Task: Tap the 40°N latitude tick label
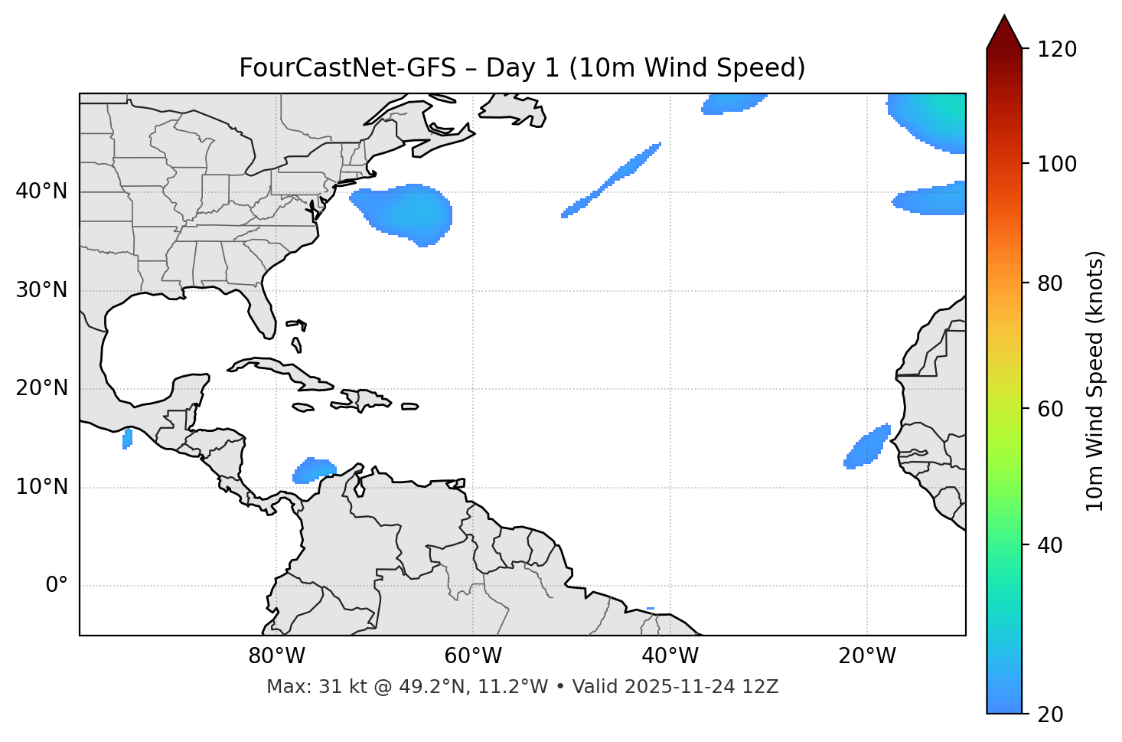(x=41, y=191)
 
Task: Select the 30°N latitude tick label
(x=41, y=290)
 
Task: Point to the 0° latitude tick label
(x=57, y=586)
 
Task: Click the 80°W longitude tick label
(x=276, y=656)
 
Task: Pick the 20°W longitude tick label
(x=867, y=656)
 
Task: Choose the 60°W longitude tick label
(x=473, y=656)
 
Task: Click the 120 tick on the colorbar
(x=1057, y=50)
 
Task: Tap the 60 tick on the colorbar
(x=1046, y=409)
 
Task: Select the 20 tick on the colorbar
(x=1046, y=714)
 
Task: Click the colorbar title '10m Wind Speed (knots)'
(x=1095, y=381)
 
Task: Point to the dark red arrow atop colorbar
(x=1003, y=33)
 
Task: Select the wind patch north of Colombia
(x=314, y=470)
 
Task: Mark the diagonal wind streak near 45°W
(x=612, y=180)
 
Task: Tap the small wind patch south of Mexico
(x=127, y=439)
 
